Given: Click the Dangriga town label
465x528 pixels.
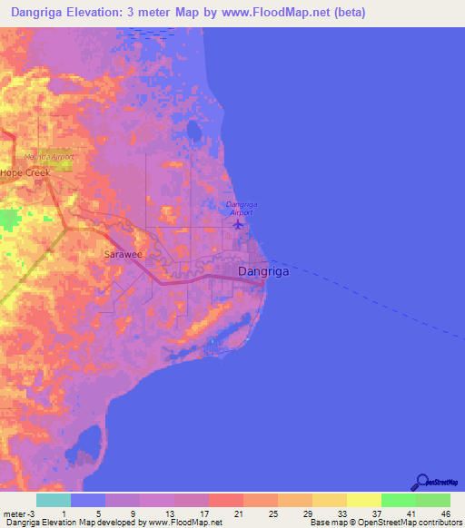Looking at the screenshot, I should [263, 271].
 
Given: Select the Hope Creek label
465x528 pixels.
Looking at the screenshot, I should [24, 171].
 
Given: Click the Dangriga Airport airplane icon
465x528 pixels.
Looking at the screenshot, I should [238, 223].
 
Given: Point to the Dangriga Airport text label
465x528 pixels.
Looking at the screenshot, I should [242, 208].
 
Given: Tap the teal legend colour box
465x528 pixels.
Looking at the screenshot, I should [53, 500].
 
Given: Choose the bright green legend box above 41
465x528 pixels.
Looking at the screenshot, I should [398, 500].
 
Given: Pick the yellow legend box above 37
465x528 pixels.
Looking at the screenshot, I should [363, 500].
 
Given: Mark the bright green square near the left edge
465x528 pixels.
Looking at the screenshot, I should [10, 220].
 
